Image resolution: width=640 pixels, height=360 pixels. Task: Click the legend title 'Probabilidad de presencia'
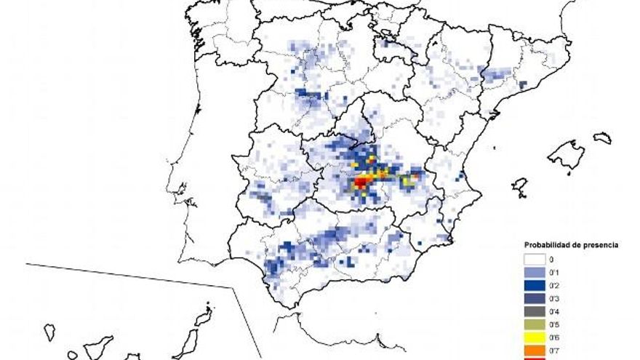(571, 245)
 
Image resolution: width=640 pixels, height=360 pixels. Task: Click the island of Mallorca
(567, 154)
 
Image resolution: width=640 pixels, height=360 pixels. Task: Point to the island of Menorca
(602, 137)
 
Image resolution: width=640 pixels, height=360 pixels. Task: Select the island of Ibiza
(519, 186)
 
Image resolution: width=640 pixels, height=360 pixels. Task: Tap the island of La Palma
(49, 332)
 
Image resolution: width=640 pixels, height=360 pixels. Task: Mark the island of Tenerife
(98, 345)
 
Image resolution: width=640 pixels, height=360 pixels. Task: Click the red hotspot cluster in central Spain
(361, 181)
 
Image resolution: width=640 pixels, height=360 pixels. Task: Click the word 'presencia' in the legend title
(598, 245)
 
